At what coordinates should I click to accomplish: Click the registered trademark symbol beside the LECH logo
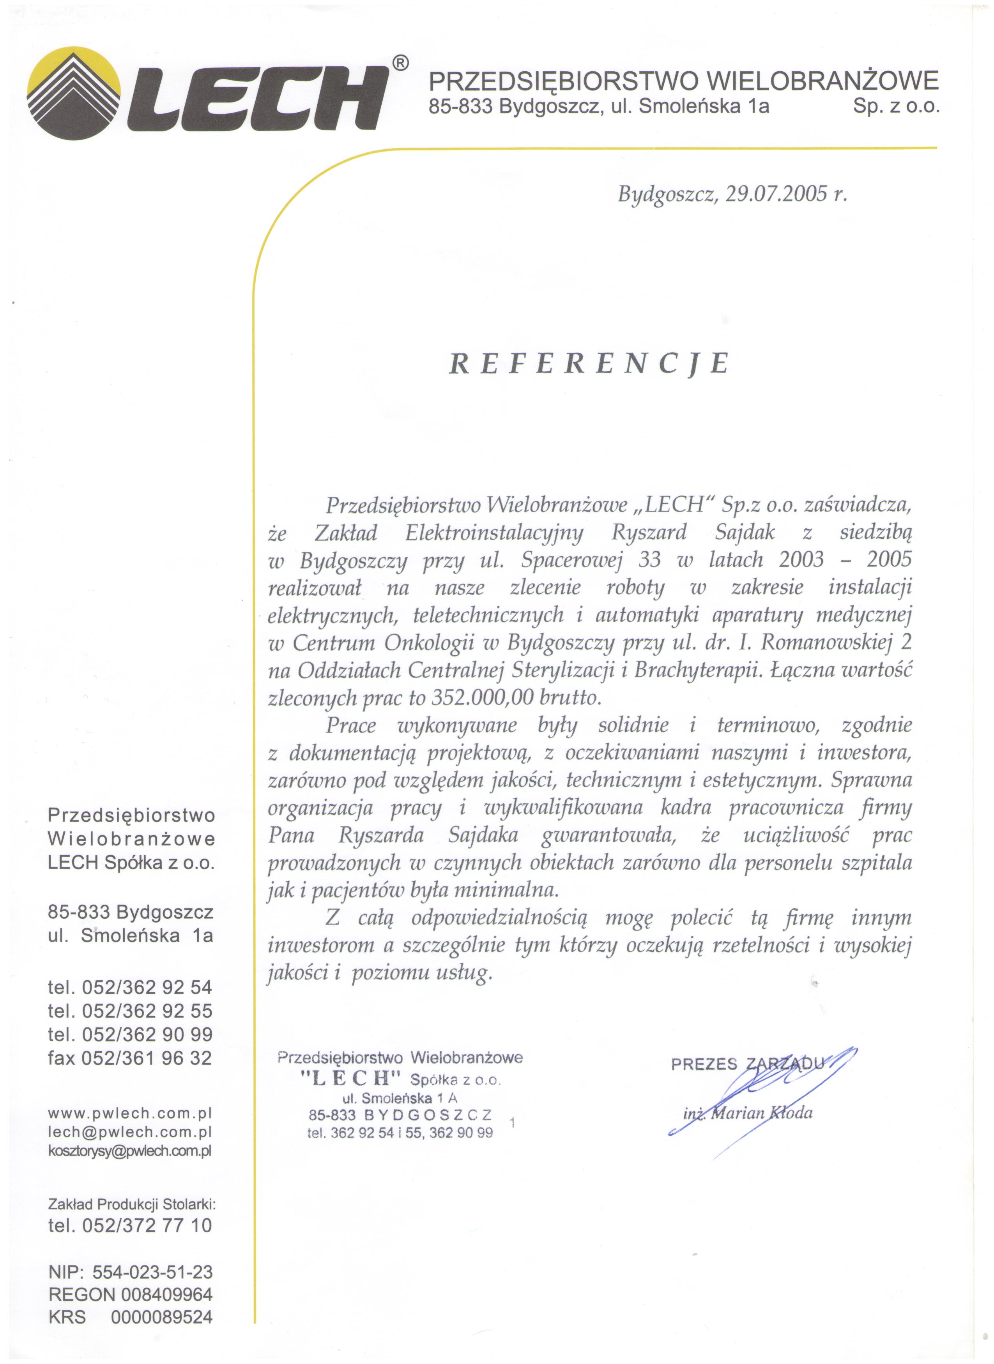pyautogui.click(x=401, y=63)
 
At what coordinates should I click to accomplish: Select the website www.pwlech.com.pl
pyautogui.click(x=130, y=1113)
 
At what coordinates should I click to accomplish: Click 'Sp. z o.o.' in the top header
pyautogui.click(x=896, y=106)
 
